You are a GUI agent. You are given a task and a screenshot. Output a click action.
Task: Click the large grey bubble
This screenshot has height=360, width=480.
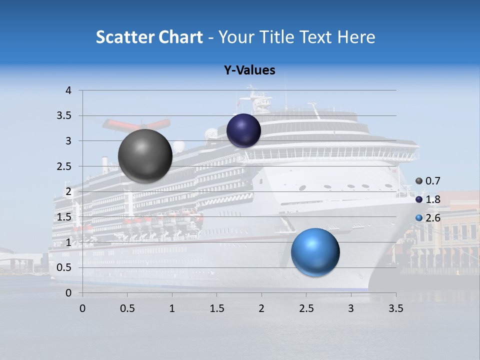pos(145,156)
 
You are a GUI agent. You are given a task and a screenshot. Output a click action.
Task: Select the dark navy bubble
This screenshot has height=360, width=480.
pos(243,131)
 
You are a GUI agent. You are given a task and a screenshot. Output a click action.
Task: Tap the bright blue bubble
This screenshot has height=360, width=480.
pos(315,252)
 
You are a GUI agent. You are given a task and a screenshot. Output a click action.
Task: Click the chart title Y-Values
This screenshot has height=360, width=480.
pos(249,70)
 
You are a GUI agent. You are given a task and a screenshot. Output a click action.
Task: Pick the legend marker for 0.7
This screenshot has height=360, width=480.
pos(419,181)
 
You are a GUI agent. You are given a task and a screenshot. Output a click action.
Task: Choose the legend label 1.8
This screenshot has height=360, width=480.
pos(432,199)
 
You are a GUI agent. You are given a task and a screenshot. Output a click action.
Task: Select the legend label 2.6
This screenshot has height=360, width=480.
pos(432,218)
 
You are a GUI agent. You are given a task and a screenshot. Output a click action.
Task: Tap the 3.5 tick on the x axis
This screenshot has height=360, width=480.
pos(395,308)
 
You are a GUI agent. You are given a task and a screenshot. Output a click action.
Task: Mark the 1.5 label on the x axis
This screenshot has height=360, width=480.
pos(216,308)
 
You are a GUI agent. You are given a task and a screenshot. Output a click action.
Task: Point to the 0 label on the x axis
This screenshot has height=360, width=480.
pos(82,308)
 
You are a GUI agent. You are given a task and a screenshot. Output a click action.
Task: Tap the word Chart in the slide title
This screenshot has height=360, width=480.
pos(179,37)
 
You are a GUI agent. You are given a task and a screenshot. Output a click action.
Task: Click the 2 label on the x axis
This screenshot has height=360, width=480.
pos(261,308)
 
